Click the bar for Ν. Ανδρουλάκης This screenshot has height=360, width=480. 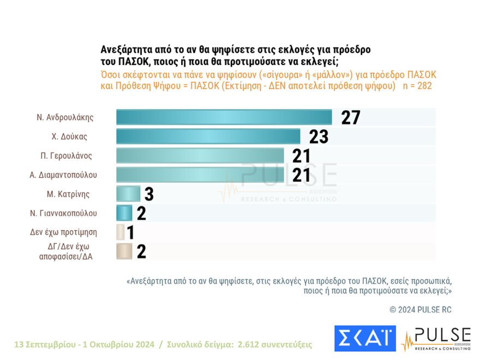(224, 117)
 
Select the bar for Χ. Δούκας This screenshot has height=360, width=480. (208, 136)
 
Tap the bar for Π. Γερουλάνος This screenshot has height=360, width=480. (200, 155)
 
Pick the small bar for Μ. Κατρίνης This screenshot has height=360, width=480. (128, 194)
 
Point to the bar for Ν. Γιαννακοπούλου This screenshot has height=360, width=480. (124, 213)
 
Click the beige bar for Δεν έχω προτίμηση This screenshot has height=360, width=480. (121, 232)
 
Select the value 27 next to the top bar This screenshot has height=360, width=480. (351, 117)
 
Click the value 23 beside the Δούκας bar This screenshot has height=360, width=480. (319, 136)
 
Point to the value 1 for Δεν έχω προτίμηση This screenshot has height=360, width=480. (130, 232)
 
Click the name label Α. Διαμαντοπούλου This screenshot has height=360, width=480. (63, 175)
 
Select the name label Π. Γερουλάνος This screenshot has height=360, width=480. (67, 155)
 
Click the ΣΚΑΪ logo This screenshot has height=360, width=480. (364, 338)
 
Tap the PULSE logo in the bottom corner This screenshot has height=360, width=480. (436, 338)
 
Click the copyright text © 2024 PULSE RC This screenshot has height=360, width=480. (420, 309)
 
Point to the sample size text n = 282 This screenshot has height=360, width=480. (417, 86)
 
